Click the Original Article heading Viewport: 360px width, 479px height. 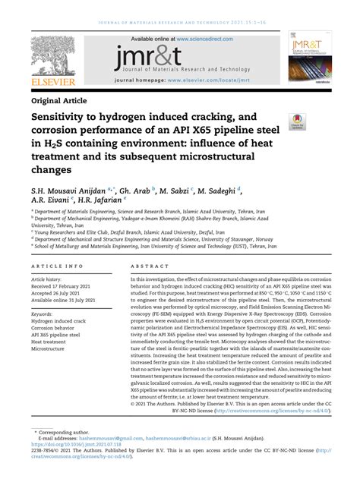[59, 99]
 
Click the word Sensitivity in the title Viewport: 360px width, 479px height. [65, 118]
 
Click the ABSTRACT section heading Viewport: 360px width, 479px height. [145, 267]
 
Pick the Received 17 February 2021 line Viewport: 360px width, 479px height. [65, 286]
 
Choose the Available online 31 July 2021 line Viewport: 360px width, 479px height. [68, 301]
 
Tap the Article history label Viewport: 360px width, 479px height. [49, 279]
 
